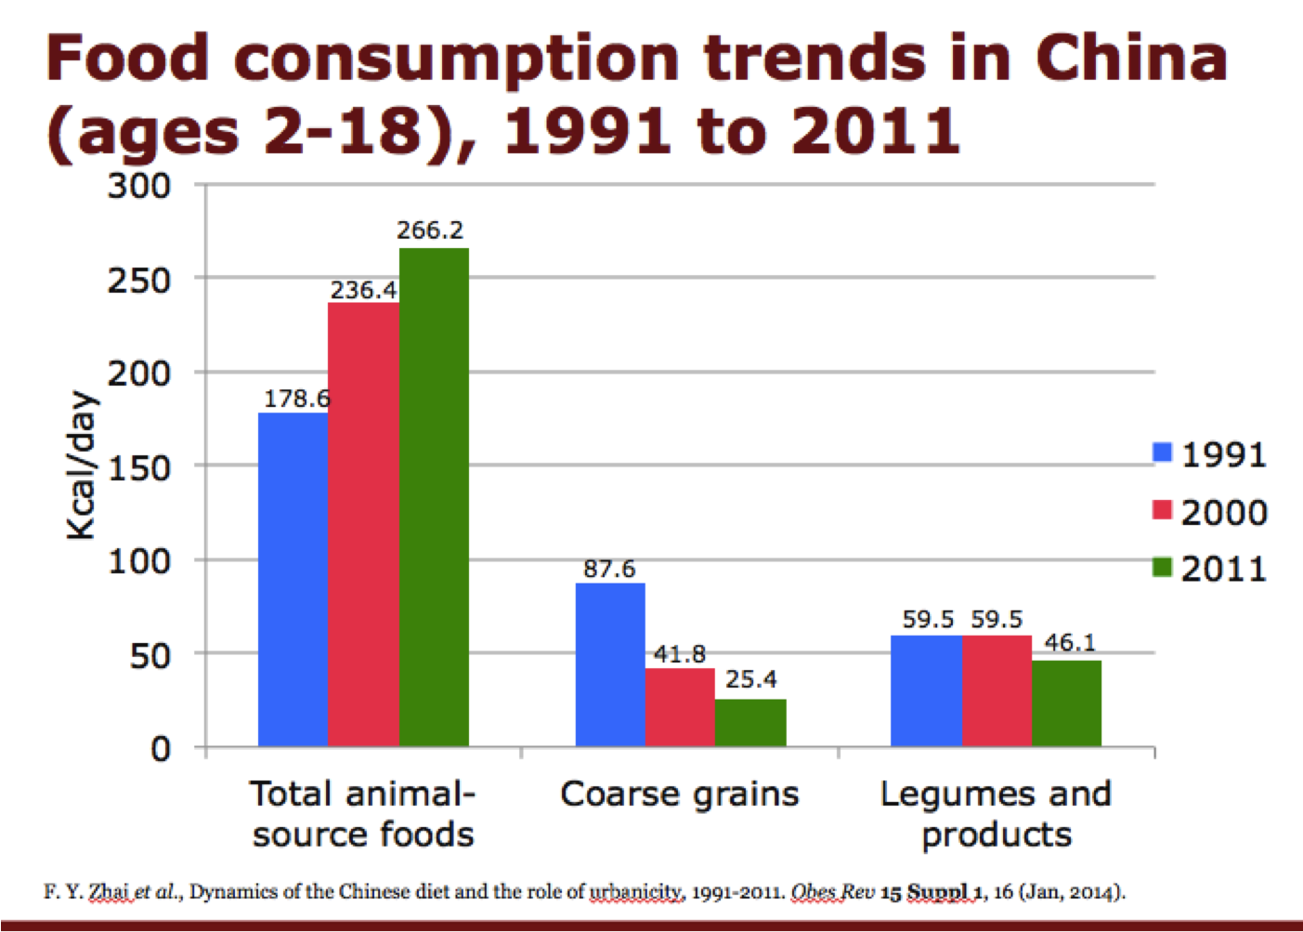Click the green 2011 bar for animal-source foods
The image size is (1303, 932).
(x=434, y=497)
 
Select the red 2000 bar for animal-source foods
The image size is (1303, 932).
(x=363, y=524)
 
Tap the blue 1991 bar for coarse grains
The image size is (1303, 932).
(x=610, y=664)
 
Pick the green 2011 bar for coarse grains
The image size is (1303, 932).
(x=750, y=723)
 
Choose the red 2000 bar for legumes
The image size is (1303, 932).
(x=997, y=690)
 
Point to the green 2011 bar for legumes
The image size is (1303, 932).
(x=1066, y=703)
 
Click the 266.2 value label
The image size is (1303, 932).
(x=430, y=230)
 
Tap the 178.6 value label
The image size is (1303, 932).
(x=296, y=399)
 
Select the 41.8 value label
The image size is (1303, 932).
(x=680, y=654)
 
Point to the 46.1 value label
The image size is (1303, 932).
(x=1070, y=642)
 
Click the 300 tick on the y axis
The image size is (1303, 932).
(x=139, y=186)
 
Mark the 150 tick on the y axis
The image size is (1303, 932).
(x=139, y=467)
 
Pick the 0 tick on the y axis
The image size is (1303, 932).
(x=161, y=749)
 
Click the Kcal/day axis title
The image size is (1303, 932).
(x=82, y=465)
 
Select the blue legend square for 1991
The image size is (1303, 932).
(x=1162, y=453)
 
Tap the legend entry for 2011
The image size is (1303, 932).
(x=1210, y=569)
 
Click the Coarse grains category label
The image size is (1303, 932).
(x=680, y=794)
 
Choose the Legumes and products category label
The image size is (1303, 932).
(x=996, y=814)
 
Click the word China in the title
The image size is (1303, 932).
(x=1131, y=58)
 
